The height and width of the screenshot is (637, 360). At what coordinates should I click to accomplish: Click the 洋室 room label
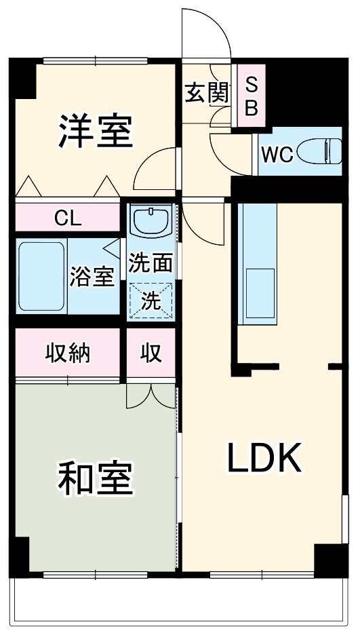pos(94,130)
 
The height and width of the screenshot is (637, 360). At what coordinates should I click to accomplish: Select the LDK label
pos(263,459)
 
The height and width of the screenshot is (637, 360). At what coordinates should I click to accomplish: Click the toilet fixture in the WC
pos(325,151)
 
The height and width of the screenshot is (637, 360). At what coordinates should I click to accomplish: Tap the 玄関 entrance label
pos(205,93)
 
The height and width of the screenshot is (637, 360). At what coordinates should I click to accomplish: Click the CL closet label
pos(67,218)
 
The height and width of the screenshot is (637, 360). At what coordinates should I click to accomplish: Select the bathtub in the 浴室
pos(39,276)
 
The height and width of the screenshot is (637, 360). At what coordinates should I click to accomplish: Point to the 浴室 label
pos(92,277)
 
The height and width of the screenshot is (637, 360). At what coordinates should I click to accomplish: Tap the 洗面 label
pos(151,263)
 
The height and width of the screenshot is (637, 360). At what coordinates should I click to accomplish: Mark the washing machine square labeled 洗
pos(151,298)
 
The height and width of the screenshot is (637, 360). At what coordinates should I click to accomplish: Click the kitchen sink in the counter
pos(259,292)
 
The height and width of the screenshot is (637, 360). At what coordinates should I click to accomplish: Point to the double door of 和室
pos(151,395)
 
